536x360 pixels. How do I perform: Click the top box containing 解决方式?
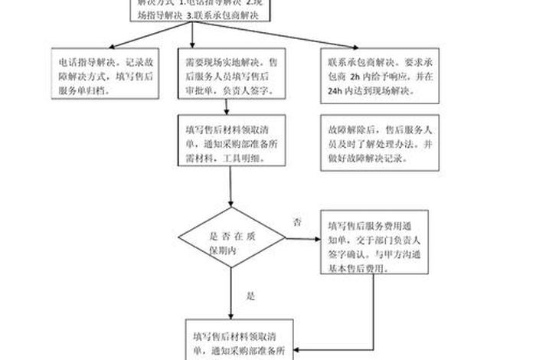pyautogui.click(x=199, y=9)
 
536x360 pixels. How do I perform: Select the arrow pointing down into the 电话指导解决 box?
pyautogui.click(x=98, y=42)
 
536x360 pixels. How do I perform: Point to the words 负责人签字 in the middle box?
pyautogui.click(x=244, y=90)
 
